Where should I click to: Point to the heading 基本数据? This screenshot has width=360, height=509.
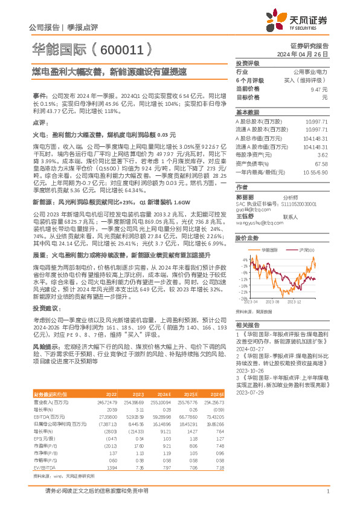pyautogui.click(x=247, y=112)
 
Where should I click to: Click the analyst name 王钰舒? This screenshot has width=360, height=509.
pyautogui.click(x=245, y=216)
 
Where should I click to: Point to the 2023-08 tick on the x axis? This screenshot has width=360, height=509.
pyautogui.click(x=272, y=300)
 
